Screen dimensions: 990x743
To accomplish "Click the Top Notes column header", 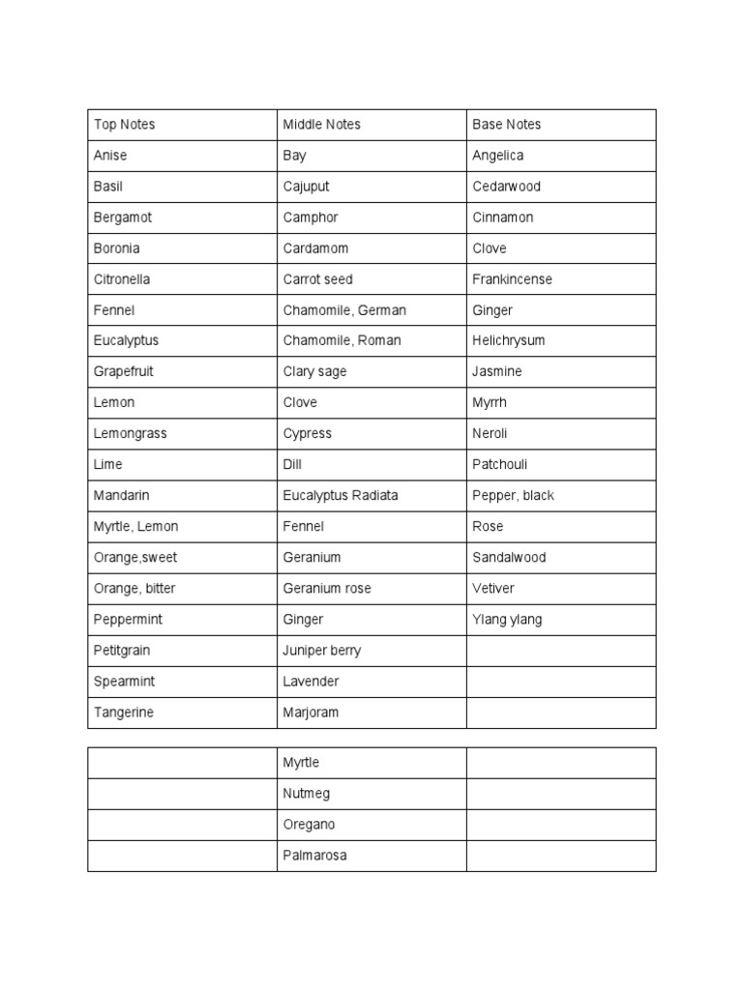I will (x=124, y=125).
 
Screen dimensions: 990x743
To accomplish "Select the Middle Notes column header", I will (x=321, y=125).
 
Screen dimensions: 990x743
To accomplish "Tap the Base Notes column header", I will (x=507, y=125).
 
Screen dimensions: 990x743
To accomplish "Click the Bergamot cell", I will (x=123, y=218).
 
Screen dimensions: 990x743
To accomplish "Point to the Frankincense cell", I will (x=512, y=279).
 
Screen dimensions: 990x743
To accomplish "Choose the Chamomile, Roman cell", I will (x=342, y=340).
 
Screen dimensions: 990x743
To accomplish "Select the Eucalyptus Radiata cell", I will (x=341, y=495).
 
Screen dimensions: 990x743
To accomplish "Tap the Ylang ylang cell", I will (x=507, y=620).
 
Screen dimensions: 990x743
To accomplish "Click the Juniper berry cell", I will (x=322, y=651).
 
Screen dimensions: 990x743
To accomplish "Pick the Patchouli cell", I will (x=499, y=464).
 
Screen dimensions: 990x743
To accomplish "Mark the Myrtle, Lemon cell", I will (x=135, y=527).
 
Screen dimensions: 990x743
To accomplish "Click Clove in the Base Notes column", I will (x=490, y=248).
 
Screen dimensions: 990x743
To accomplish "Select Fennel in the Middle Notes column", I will (x=304, y=527).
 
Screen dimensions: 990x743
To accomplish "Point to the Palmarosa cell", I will (x=314, y=856).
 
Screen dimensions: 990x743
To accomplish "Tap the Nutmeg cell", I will (x=307, y=794).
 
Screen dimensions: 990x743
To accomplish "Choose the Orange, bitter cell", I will (x=134, y=589).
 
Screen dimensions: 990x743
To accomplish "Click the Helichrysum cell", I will (x=509, y=340).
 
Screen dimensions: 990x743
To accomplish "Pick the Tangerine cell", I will (x=124, y=713).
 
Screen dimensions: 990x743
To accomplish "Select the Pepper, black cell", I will (x=513, y=495).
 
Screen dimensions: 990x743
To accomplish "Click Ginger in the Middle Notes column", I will (x=304, y=620).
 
